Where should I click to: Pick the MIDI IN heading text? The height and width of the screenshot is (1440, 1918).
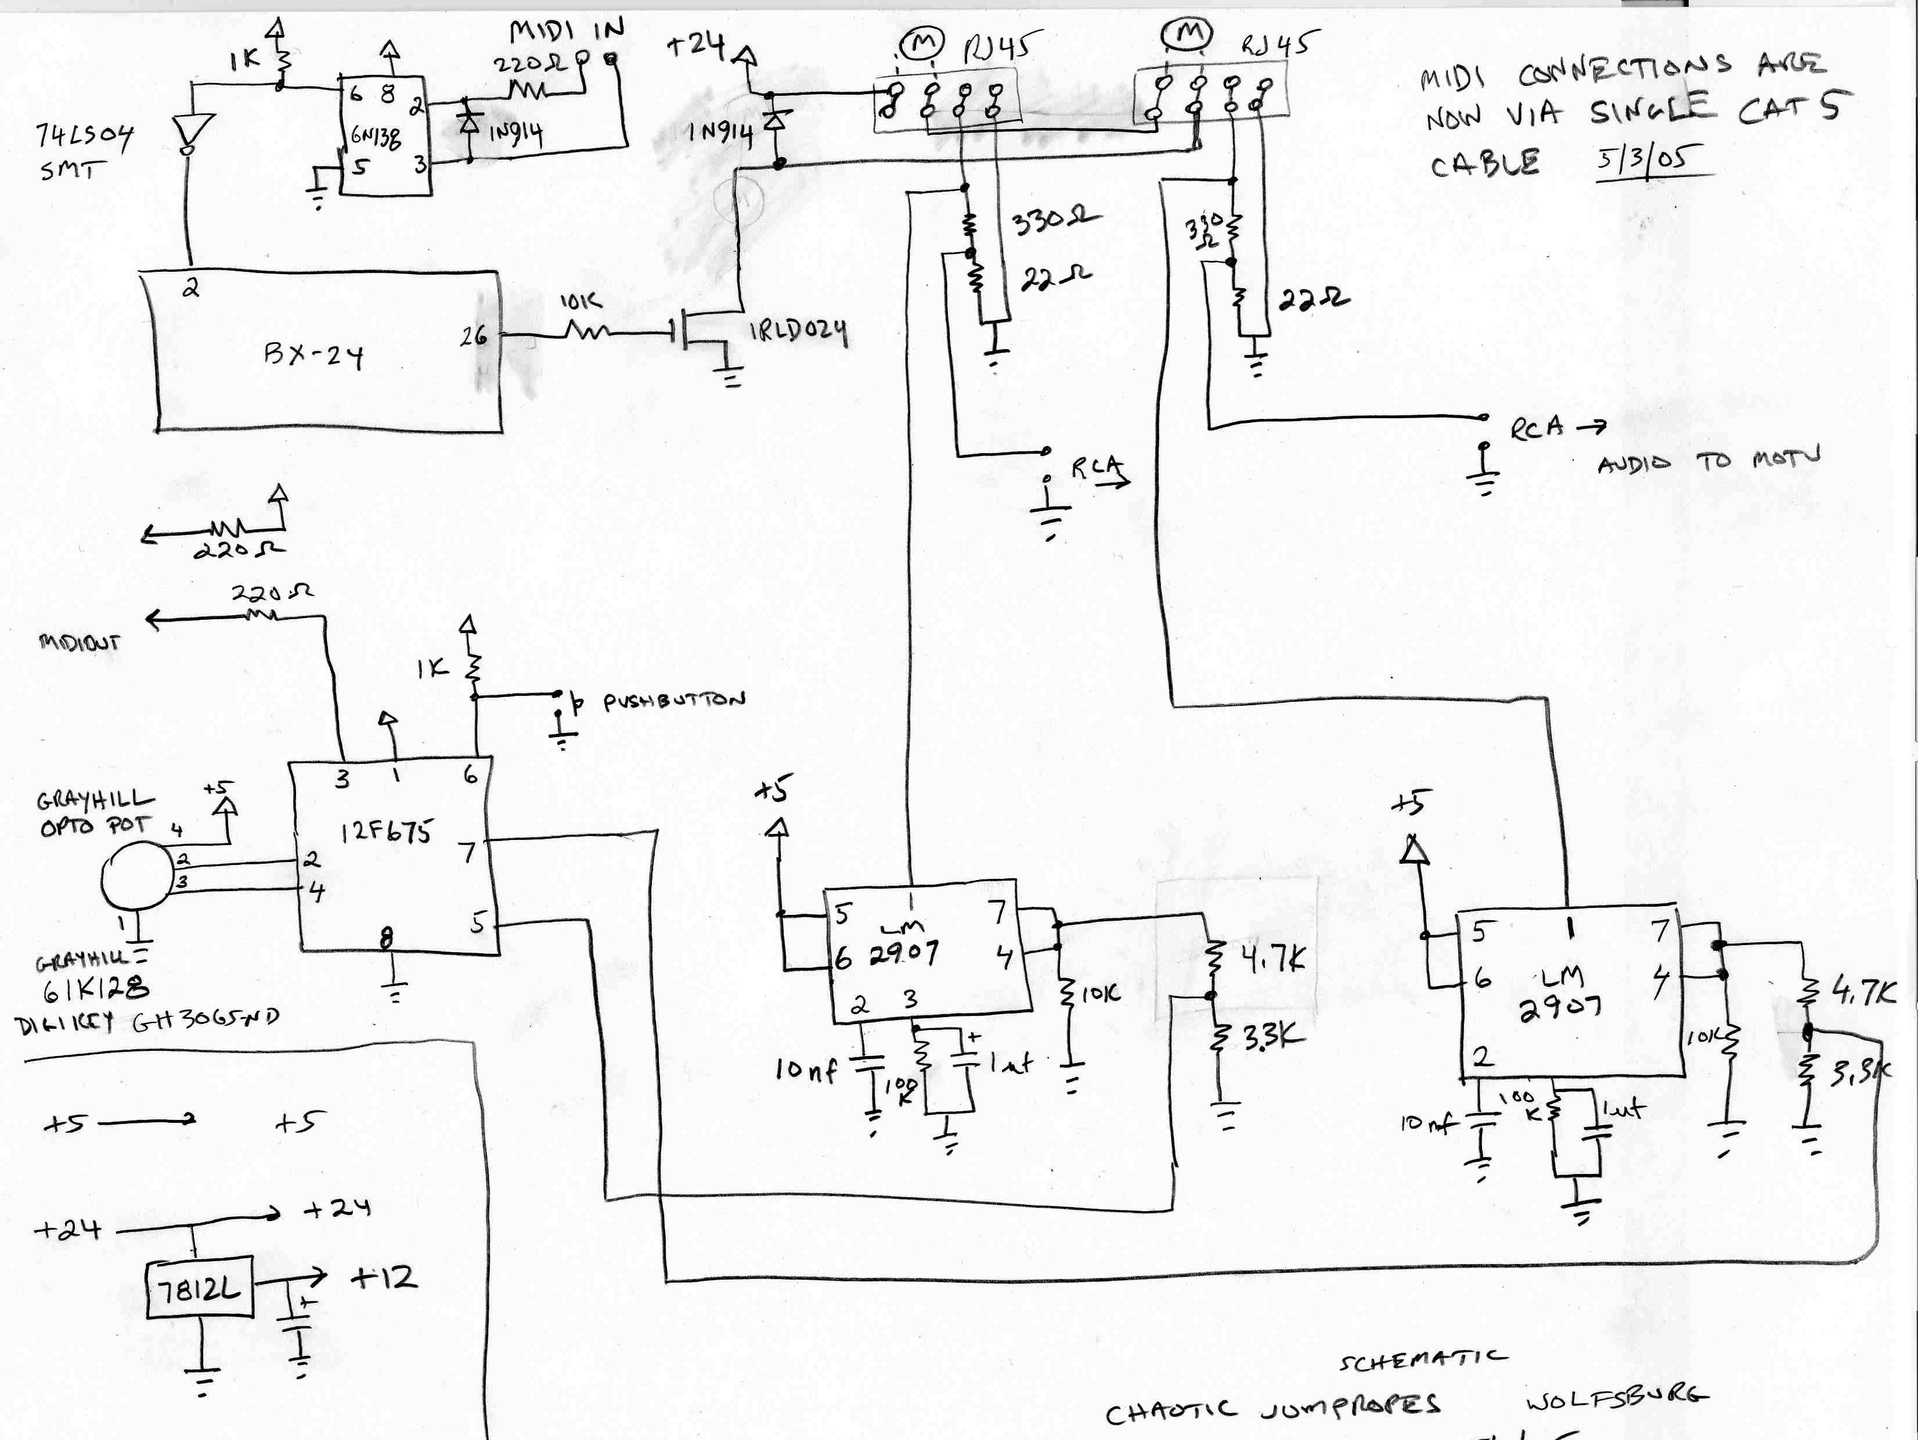point(566,31)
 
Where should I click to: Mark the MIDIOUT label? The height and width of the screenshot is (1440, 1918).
point(79,643)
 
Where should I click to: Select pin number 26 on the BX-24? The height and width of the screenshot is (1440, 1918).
point(474,336)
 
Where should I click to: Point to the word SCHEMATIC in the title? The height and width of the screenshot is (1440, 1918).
point(1422,1359)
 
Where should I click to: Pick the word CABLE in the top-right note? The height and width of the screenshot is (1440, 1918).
point(1484,162)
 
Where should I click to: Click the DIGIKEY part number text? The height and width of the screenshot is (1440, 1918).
point(147,1021)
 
